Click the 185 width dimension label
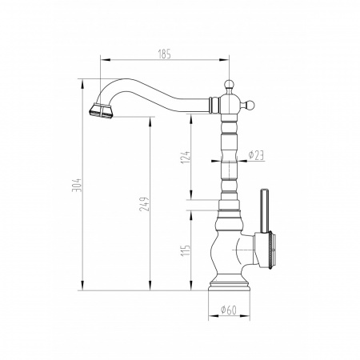tap(164, 54)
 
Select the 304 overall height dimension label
tap(76, 185)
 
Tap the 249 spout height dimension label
tap(144, 204)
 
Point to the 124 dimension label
tap(186, 157)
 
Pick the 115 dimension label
tap(186, 250)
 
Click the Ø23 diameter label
tap(256, 155)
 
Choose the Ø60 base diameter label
tap(229, 310)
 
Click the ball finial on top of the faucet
tap(229, 84)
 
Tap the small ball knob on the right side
tap(250, 105)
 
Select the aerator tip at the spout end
tap(101, 110)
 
